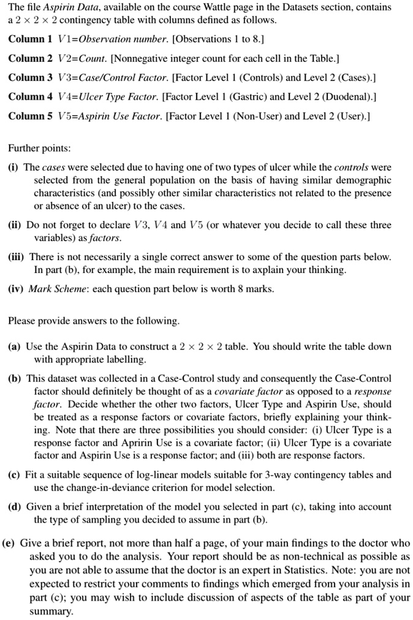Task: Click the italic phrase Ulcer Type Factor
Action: point(114,97)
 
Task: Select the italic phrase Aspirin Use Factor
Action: point(117,116)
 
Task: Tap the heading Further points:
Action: point(40,149)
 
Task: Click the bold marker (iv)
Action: point(17,288)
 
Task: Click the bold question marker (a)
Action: point(15,346)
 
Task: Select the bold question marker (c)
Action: point(15,475)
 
